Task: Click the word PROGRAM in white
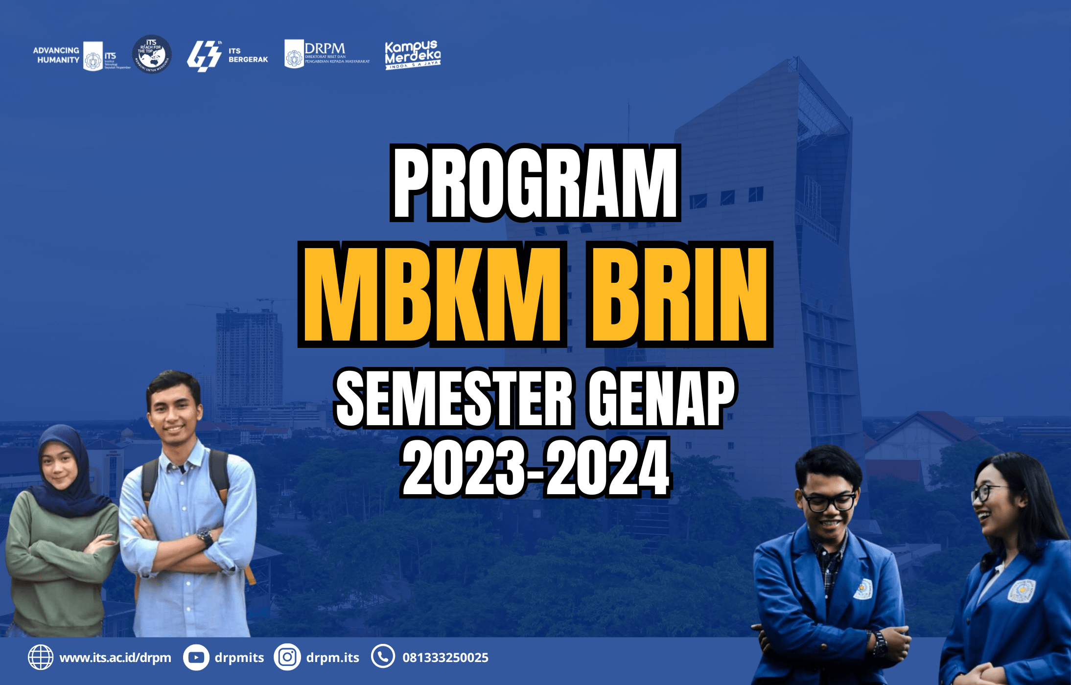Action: click(x=535, y=183)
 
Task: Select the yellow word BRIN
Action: click(x=679, y=295)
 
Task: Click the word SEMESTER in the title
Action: click(x=454, y=398)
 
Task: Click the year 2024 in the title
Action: click(x=607, y=468)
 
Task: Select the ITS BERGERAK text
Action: click(x=248, y=55)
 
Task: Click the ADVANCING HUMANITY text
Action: click(x=56, y=55)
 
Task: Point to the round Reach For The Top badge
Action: click(x=152, y=54)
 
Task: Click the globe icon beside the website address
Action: click(x=41, y=657)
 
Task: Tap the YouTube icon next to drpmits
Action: click(x=196, y=657)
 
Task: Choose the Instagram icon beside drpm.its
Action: click(x=287, y=657)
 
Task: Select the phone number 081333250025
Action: click(x=445, y=658)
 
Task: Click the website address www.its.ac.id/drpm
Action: click(x=116, y=658)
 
